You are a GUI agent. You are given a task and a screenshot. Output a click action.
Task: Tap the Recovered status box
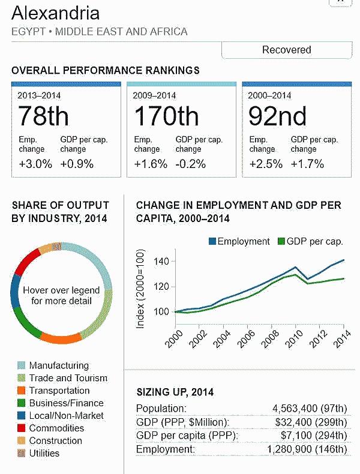coord(286,50)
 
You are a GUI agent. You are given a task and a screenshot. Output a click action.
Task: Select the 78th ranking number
coord(43,116)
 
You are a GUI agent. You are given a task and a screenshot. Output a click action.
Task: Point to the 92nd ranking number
coord(278,116)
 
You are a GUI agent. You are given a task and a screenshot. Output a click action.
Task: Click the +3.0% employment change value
coord(34,164)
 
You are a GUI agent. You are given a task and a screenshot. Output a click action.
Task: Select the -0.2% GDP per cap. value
coord(190,164)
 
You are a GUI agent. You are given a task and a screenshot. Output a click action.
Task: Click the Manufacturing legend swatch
coord(21,365)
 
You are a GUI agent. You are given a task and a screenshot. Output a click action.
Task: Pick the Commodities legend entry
coord(56,428)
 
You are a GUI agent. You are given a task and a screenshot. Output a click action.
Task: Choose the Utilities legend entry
coord(44,453)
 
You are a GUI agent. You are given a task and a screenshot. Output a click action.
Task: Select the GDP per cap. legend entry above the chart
coord(311,241)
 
